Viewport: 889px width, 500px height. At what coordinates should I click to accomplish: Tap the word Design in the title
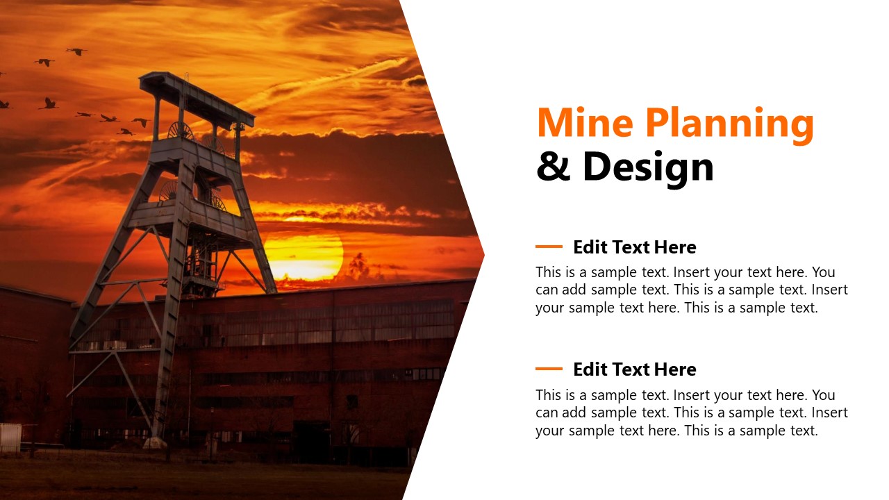tap(648, 167)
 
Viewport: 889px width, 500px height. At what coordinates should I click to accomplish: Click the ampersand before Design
tap(553, 167)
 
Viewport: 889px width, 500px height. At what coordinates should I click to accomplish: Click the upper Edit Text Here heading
tap(634, 247)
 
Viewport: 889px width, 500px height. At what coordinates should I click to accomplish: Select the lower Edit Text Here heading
tap(634, 369)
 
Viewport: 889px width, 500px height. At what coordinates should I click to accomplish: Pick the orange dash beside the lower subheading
tap(549, 369)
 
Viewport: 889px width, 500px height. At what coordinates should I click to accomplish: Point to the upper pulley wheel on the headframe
tap(181, 130)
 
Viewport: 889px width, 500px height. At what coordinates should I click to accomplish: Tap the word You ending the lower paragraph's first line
tap(823, 394)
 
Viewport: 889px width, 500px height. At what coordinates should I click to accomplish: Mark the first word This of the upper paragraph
tap(549, 272)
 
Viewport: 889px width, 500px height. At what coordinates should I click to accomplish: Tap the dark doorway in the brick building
tap(311, 441)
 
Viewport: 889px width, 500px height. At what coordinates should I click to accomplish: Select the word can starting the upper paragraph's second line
tap(547, 290)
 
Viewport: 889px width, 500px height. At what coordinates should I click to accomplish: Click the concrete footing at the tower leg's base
tap(156, 442)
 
